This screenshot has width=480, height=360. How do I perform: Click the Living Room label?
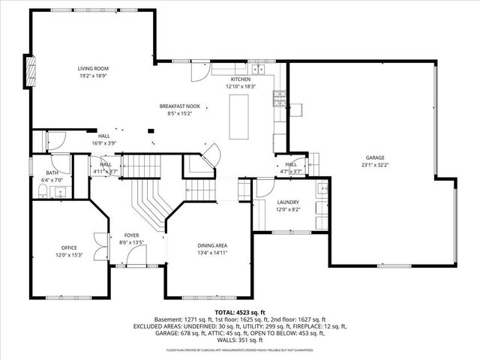click(94, 69)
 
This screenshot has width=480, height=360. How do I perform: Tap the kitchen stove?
click(280, 95)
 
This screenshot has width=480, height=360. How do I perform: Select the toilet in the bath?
click(43, 193)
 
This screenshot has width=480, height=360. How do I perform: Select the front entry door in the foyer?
click(136, 258)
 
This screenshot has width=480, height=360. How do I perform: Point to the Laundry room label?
click(287, 202)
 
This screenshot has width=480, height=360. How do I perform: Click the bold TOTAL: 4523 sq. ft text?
click(240, 312)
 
